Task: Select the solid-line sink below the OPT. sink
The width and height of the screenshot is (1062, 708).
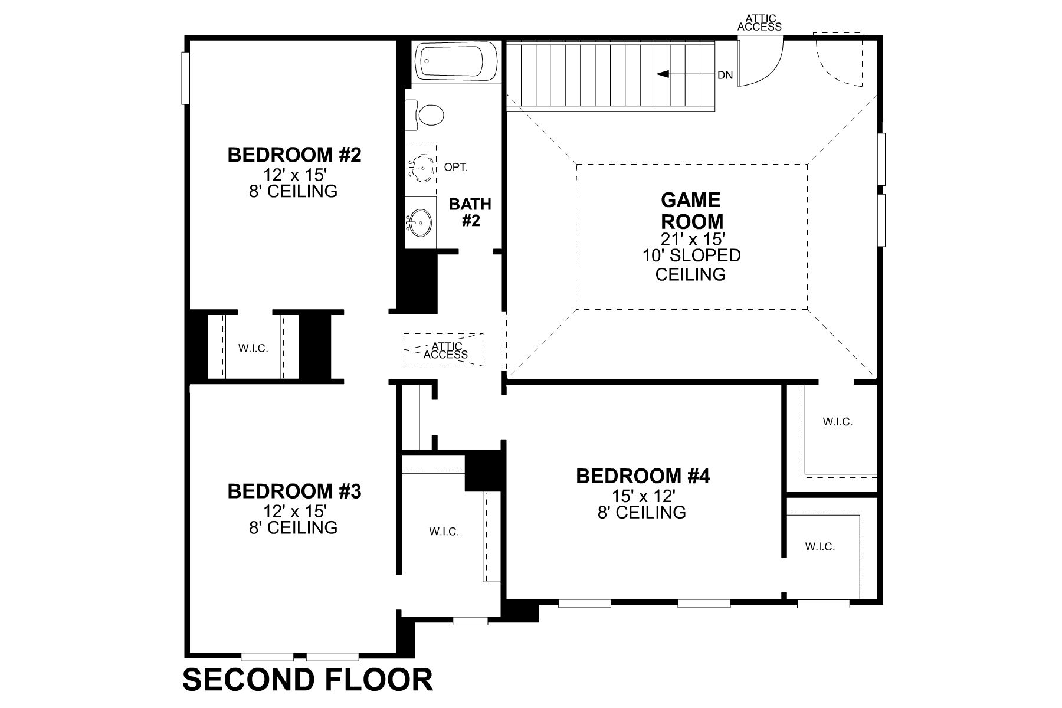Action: tap(419, 222)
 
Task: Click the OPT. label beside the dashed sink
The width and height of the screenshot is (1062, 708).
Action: tap(455, 168)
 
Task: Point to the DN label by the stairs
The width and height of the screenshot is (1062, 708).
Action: tap(725, 75)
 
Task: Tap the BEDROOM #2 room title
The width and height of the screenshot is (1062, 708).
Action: tap(294, 155)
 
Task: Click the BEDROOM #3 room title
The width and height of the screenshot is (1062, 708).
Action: tap(294, 491)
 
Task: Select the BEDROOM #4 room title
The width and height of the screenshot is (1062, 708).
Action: tap(643, 476)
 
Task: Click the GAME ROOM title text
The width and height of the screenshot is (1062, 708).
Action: tap(691, 211)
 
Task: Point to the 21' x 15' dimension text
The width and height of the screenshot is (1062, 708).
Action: tap(691, 239)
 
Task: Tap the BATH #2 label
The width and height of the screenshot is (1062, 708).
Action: tap(470, 212)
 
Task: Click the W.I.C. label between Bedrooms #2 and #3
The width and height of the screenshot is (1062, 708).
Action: tap(253, 349)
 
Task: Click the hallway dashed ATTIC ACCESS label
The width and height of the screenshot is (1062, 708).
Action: tap(445, 350)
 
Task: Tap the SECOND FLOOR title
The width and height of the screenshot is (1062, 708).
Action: tap(307, 680)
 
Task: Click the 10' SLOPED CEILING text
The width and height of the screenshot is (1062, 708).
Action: tap(691, 265)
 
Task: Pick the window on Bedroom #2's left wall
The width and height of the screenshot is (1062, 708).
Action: tap(185, 78)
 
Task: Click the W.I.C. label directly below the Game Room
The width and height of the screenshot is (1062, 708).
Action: tap(837, 422)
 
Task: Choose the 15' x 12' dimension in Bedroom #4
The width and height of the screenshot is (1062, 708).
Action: tap(642, 494)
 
